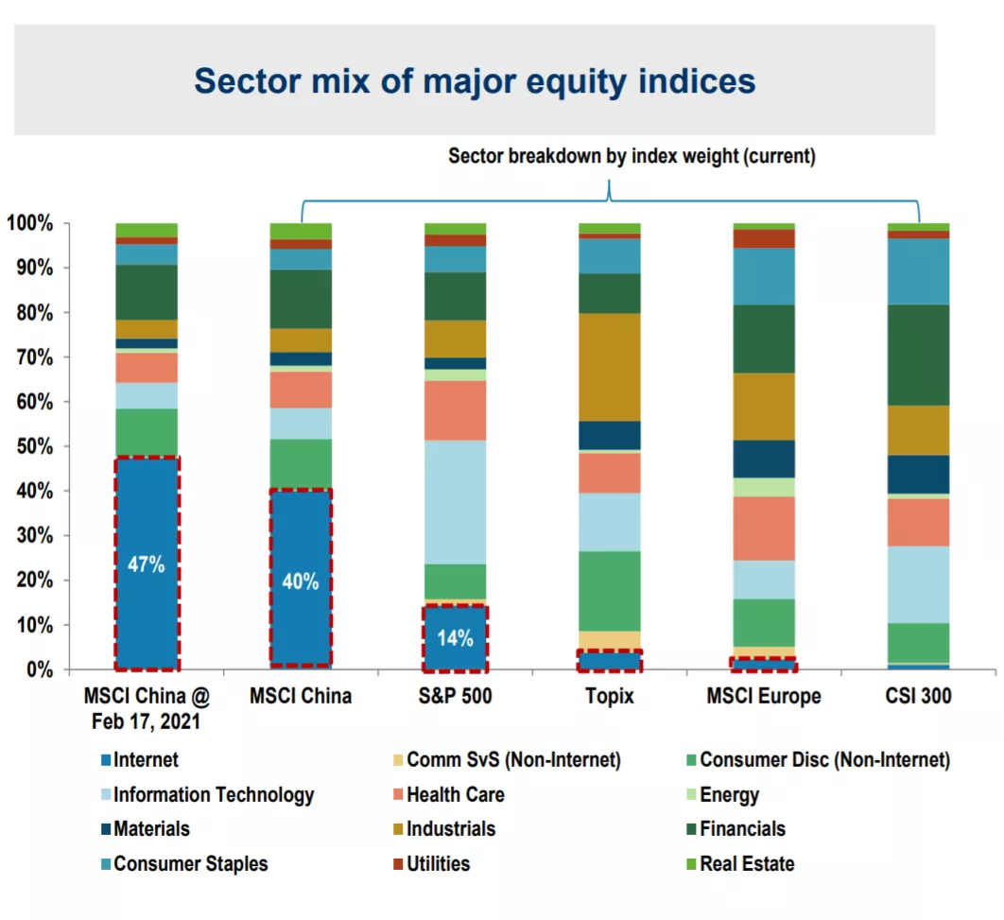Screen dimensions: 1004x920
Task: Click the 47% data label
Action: point(146,564)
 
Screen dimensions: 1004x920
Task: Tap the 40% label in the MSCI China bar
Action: point(301,582)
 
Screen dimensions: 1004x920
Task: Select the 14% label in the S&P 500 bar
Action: point(456,637)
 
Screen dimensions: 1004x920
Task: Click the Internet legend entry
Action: point(140,760)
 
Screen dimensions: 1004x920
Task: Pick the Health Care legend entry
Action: point(449,794)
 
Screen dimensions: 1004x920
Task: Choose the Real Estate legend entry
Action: point(740,863)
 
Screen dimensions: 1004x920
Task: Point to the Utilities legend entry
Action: point(431,863)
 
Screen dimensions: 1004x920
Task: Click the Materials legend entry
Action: point(146,829)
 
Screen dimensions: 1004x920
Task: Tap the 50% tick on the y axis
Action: point(35,446)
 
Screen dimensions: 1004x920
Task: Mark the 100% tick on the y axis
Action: point(29,223)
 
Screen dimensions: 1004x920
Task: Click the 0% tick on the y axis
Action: point(40,669)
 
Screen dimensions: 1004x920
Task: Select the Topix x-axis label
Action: point(610,696)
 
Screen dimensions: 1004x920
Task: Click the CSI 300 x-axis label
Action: point(918,696)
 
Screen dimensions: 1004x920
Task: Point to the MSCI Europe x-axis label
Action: point(764,696)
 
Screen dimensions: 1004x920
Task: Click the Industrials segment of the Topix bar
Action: point(610,367)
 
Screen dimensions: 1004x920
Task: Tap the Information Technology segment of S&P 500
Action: point(456,502)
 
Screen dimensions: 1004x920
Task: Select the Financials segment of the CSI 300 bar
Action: point(918,356)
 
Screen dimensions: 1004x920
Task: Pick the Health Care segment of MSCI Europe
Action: point(764,529)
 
